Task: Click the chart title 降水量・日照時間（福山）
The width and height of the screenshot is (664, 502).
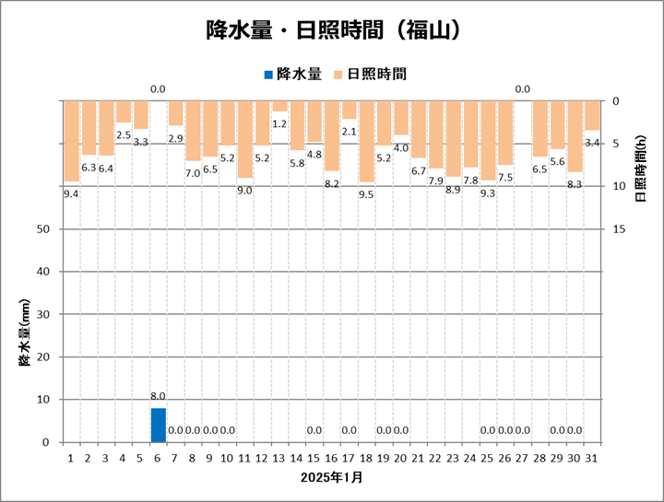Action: pos(331,30)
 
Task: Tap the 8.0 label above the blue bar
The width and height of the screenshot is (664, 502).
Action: pos(158,396)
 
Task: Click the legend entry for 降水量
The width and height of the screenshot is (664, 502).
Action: pos(293,73)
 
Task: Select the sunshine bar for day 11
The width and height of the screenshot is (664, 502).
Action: pos(244,138)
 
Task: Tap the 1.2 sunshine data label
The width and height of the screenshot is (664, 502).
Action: pos(279,123)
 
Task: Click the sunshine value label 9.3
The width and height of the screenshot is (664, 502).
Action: pos(488,193)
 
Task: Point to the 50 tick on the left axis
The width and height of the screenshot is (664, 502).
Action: pos(42,229)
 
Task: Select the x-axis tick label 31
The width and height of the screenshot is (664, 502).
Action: pos(592,456)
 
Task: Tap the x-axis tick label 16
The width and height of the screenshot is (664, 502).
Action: pos(332,456)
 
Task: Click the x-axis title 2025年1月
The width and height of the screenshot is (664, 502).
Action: pos(331,478)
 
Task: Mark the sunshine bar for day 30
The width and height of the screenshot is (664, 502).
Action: pos(575,135)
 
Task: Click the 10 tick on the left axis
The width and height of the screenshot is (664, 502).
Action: pos(42,400)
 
